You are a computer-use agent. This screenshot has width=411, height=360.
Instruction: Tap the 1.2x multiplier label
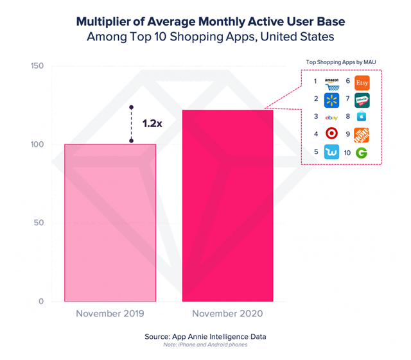click(152, 123)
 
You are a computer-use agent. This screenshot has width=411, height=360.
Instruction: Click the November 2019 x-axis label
click(110, 314)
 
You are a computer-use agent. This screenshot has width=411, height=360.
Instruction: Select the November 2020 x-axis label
click(227, 314)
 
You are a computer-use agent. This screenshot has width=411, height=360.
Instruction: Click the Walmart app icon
click(331, 99)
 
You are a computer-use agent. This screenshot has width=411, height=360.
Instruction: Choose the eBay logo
click(331, 117)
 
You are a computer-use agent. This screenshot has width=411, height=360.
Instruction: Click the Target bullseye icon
click(331, 134)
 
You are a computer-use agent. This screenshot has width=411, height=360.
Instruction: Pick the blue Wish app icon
click(331, 152)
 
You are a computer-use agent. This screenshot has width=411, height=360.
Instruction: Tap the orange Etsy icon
click(362, 82)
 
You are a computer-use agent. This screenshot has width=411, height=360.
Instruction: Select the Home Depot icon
click(362, 134)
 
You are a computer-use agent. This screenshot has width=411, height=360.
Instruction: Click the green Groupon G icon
click(362, 152)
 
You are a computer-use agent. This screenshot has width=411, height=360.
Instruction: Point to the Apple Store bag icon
click(362, 117)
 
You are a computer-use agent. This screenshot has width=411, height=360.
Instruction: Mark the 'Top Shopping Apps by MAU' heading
click(340, 62)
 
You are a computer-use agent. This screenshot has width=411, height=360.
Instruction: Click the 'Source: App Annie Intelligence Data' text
click(205, 336)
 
